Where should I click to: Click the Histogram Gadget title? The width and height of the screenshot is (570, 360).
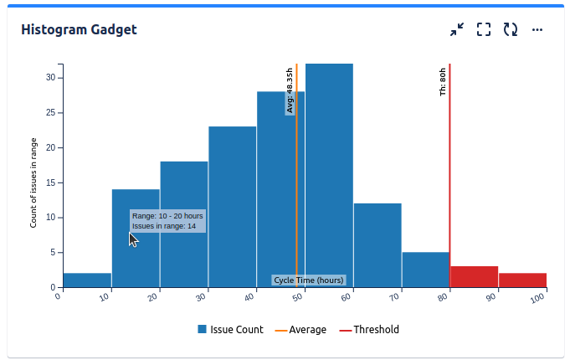click(x=79, y=30)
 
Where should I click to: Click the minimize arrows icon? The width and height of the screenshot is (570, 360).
click(x=456, y=30)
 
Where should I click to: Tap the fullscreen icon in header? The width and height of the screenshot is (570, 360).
click(x=484, y=30)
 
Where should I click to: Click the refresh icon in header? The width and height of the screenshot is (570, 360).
click(x=511, y=30)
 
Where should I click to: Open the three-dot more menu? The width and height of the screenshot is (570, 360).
click(x=537, y=30)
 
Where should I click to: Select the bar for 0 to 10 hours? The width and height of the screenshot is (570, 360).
click(x=87, y=280)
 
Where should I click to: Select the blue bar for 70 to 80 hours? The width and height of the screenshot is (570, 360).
click(x=426, y=270)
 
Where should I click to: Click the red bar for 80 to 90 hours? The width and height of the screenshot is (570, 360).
click(x=475, y=277)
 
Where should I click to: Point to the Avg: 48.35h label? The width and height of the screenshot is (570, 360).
click(x=290, y=91)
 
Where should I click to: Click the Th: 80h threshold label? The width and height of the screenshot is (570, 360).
click(x=444, y=82)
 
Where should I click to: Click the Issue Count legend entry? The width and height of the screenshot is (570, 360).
click(x=230, y=330)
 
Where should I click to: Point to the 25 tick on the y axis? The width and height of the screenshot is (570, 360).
click(x=50, y=112)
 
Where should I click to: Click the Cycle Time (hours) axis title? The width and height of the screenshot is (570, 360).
click(x=309, y=280)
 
